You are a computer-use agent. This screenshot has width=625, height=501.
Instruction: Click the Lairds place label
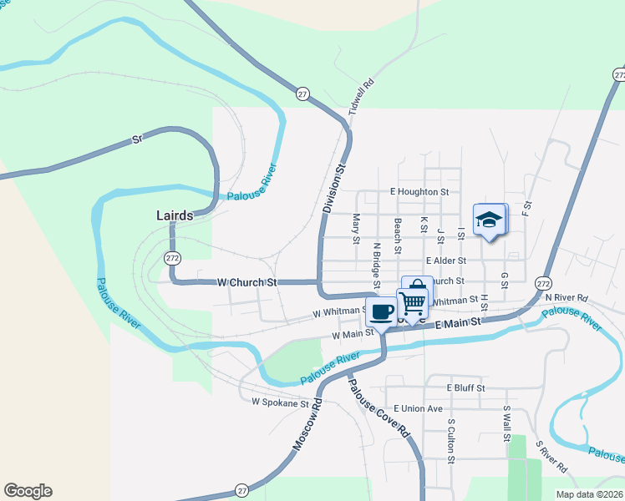pyautogui.click(x=175, y=215)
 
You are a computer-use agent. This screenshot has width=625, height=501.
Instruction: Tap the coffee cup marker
pyautogui.click(x=382, y=313)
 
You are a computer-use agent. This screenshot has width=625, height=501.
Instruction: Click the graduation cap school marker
pyautogui.click(x=489, y=220)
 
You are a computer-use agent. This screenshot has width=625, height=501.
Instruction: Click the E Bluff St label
pyautogui.click(x=465, y=388)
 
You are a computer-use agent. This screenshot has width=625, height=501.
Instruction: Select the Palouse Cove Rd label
pyautogui.click(x=379, y=409)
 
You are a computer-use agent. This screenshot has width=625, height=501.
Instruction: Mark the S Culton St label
pyautogui.click(x=451, y=441)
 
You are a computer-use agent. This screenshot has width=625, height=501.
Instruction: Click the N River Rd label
pyautogui.click(x=567, y=297)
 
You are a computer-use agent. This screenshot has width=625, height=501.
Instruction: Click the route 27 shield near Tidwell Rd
pyautogui.click(x=302, y=94)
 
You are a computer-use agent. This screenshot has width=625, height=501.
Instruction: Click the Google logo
pyautogui.click(x=28, y=491)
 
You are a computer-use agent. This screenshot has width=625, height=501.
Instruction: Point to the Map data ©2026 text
pyautogui.click(x=589, y=494)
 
